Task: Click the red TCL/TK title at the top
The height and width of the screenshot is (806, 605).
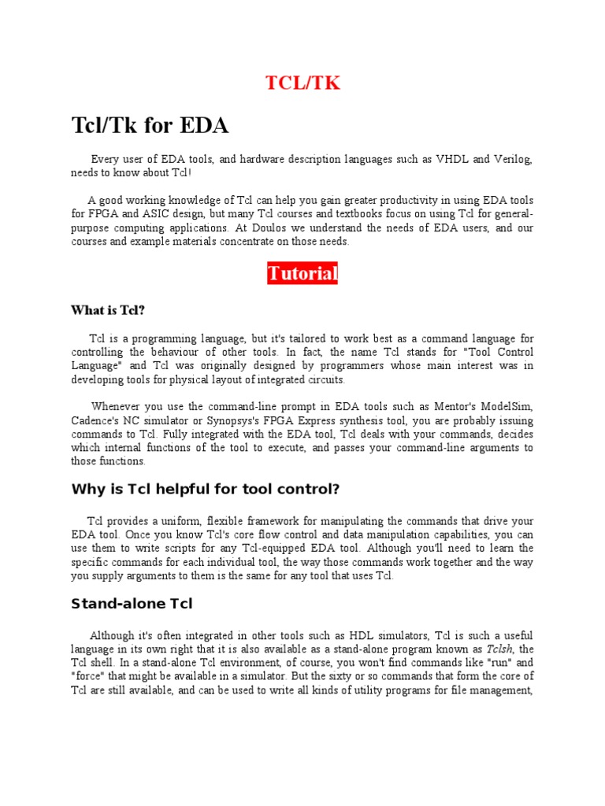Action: pos(302,83)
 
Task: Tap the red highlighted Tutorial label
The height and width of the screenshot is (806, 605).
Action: pos(302,274)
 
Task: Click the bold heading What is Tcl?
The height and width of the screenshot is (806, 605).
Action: pos(108,310)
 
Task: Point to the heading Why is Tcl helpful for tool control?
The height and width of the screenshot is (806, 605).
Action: pos(205,489)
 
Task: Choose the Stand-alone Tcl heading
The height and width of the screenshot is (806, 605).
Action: pos(132,604)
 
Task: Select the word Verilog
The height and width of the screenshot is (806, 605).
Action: pos(512,159)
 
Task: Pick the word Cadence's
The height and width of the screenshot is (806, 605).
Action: pos(96,420)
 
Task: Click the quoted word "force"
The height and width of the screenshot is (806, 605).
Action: pos(89,677)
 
